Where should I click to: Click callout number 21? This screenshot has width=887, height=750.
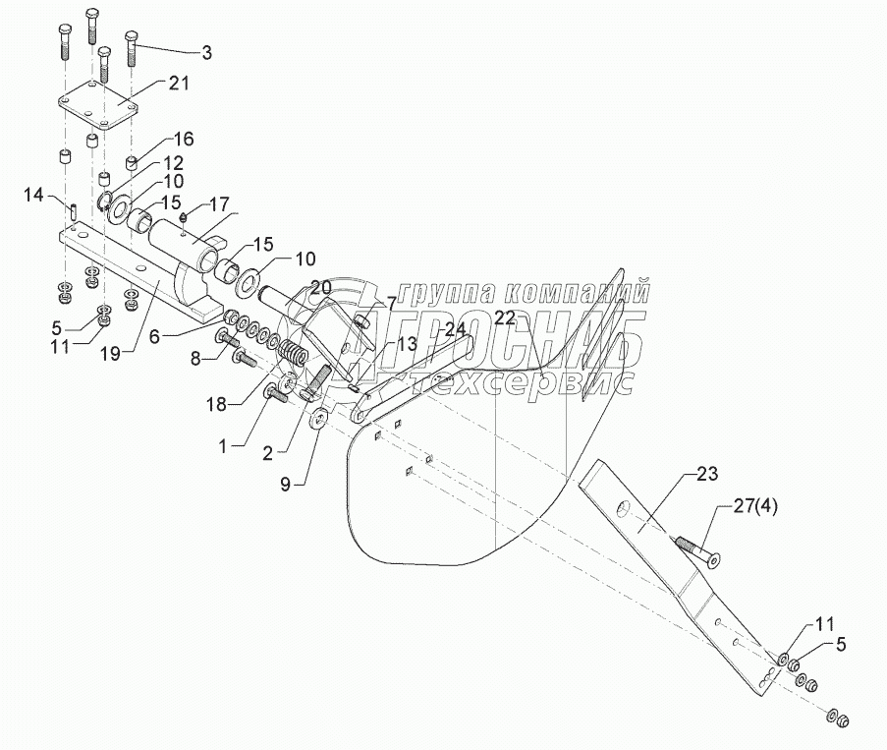pyautogui.click(x=178, y=84)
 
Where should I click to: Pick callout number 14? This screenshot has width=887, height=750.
pyautogui.click(x=33, y=198)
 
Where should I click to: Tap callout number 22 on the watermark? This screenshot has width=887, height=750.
pyautogui.click(x=505, y=317)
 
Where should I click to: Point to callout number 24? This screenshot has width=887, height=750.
pyautogui.click(x=454, y=328)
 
